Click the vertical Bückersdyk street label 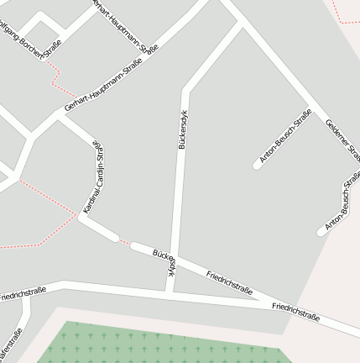182,129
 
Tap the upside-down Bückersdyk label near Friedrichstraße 164,260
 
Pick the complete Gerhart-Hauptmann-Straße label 103,87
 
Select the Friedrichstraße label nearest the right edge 295,312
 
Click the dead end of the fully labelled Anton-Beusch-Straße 257,166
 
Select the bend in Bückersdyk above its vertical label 185,87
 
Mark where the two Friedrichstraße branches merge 267,302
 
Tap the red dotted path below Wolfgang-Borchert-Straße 56,77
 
